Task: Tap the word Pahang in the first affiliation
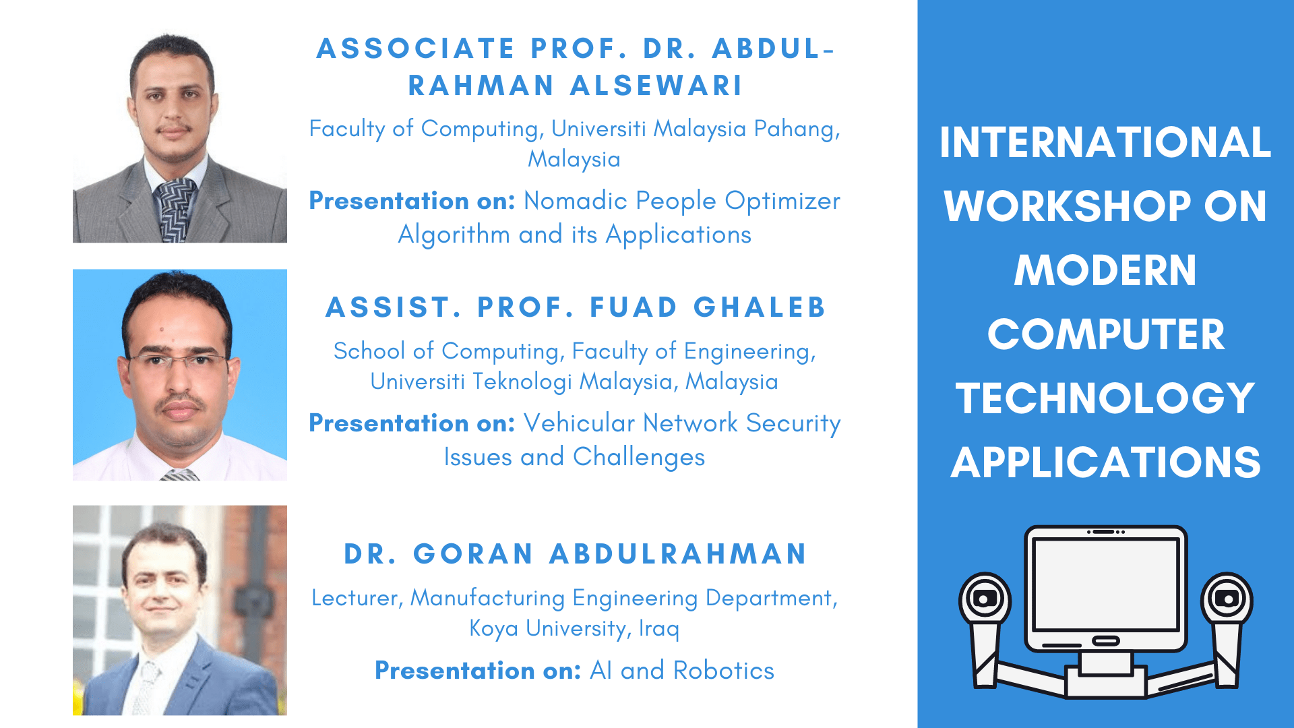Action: coord(797,129)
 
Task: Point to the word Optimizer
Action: coord(782,202)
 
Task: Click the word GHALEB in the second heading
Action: coord(760,307)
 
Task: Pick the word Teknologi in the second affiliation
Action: coord(522,382)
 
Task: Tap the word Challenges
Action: coord(639,458)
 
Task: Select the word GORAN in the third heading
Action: coord(473,554)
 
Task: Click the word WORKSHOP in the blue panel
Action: coord(1068,206)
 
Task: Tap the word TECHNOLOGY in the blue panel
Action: coord(1105,398)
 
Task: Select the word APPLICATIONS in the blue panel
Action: coord(1105,462)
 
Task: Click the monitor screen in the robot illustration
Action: coord(1105,584)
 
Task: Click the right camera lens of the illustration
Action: coord(1227,599)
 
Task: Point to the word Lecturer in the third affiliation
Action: coord(355,598)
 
